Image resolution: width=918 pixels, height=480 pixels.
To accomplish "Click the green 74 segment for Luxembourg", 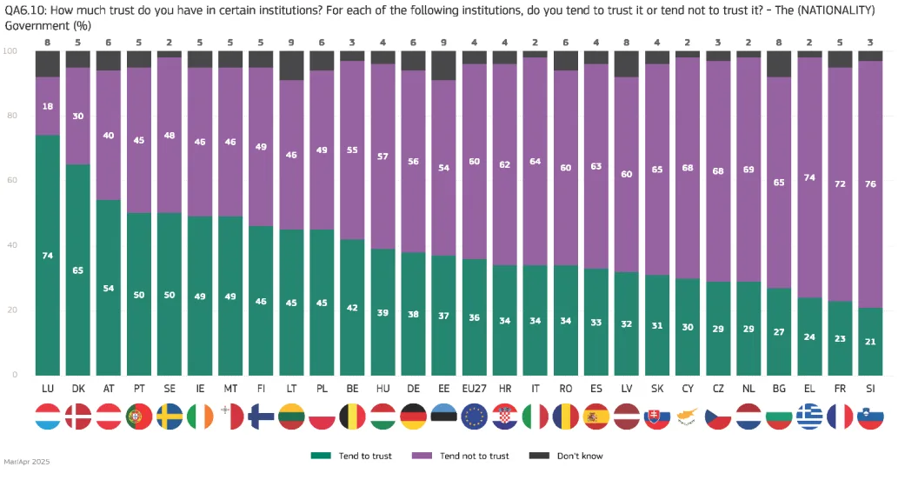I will tap(48, 255).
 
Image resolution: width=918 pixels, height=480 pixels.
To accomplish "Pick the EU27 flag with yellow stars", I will tap(475, 417).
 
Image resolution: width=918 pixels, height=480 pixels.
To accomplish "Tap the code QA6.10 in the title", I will tap(25, 10).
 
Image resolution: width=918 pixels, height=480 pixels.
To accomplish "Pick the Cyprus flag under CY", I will tap(688, 417).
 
